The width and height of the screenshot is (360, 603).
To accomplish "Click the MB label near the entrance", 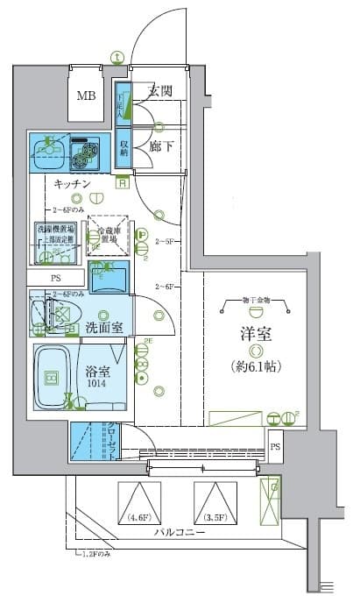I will pos(86,96).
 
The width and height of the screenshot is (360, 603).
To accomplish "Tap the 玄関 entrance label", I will pos(159,89).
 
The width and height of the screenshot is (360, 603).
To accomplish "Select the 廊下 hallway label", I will pos(159,146).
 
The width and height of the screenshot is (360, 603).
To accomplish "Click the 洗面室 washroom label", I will pos(109,328).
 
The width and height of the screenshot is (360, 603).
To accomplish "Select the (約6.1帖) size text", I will pos(254,365).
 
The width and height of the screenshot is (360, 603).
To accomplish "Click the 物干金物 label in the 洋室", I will pos(255,300).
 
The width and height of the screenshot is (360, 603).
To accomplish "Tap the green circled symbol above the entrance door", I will pos(116,58).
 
